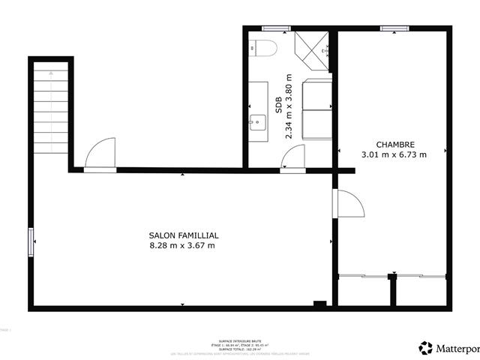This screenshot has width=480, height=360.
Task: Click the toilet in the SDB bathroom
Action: click(x=265, y=49)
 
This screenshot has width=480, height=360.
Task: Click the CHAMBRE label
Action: click(x=394, y=145)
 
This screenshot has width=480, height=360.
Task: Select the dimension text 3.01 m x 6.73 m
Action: click(x=394, y=155)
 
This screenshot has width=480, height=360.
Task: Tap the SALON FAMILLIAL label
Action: click(x=184, y=235)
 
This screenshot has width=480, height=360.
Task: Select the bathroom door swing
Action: click(x=293, y=158)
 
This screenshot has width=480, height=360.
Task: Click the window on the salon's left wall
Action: click(x=31, y=241)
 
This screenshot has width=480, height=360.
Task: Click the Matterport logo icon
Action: click(x=426, y=347)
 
